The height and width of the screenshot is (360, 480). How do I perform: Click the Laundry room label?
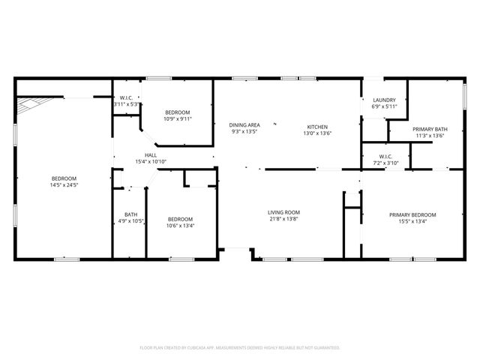[384, 99]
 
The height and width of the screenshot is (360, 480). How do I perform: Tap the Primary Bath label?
[429, 129]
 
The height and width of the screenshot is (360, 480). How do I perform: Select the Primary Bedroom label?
[412, 214]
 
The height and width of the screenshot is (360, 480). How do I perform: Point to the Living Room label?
[283, 212]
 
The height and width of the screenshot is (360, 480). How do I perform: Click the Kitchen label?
[316, 126]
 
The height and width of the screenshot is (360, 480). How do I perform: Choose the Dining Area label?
[244, 124]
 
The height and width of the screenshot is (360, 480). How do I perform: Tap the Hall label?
[150, 154]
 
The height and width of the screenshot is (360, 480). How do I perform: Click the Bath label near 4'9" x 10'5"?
[130, 214]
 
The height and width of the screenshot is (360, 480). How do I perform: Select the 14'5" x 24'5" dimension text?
[64, 184]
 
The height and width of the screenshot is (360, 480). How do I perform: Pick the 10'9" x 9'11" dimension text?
[178, 118]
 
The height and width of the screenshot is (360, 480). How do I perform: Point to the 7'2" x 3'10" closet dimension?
[383, 163]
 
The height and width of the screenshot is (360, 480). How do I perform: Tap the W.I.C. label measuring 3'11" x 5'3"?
[126, 98]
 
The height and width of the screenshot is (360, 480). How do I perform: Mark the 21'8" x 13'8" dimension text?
[283, 220]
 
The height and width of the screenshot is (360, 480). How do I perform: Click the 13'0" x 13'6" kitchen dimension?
[316, 133]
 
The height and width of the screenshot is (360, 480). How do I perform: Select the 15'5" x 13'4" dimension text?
[412, 221]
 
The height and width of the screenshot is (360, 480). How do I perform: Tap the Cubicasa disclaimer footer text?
[240, 347]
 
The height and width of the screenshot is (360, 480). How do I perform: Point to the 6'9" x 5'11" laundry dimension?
[384, 106]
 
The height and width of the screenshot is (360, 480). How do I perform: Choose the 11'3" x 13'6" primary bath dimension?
[429, 136]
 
